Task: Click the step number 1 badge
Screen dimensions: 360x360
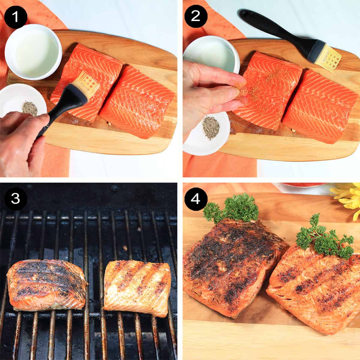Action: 16,16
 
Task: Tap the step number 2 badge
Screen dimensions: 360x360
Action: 195,16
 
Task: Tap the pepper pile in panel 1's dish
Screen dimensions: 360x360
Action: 30,109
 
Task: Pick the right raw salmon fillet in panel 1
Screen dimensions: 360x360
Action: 138,102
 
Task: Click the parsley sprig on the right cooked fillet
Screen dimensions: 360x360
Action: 322,237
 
